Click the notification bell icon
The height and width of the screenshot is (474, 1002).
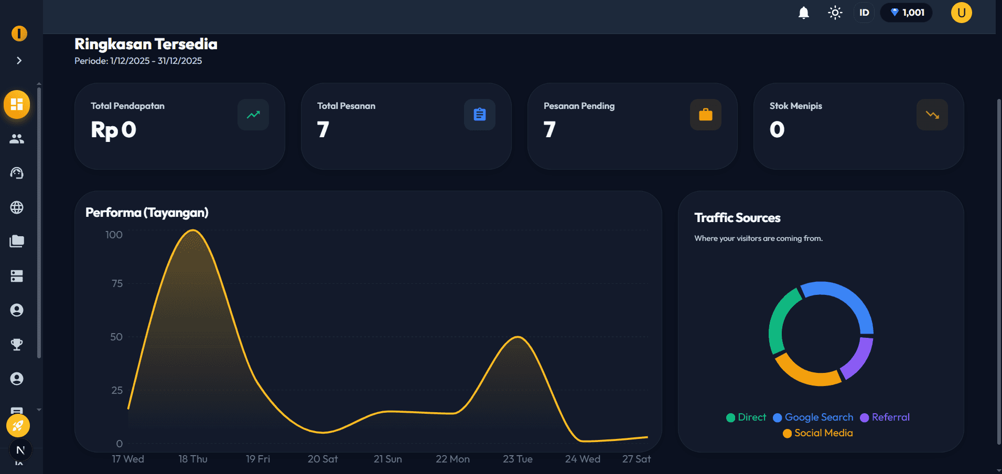coord(803,13)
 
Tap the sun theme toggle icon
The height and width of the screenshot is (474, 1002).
coord(835,13)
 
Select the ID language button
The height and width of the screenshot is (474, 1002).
coord(864,13)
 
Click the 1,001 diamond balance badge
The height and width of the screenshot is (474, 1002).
coord(907,13)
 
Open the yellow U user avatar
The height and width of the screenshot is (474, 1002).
coord(961,13)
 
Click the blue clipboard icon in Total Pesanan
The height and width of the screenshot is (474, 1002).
coord(479,115)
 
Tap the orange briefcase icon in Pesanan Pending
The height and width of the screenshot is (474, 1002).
coord(705,115)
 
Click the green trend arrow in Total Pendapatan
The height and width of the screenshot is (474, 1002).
coord(253,115)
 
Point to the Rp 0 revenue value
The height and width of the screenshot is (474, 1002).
coord(113,130)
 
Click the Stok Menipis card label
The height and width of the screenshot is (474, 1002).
coord(795,106)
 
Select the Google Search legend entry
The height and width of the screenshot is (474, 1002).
coord(813,417)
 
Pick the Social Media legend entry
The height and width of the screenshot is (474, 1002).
coord(818,433)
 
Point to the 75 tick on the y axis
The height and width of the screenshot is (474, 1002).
coord(117,283)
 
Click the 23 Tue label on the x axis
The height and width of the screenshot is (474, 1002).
coord(518,459)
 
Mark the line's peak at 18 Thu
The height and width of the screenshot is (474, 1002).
coord(193,230)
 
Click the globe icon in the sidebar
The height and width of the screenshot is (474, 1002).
coord(17,207)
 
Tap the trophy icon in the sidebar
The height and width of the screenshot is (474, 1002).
coord(17,344)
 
